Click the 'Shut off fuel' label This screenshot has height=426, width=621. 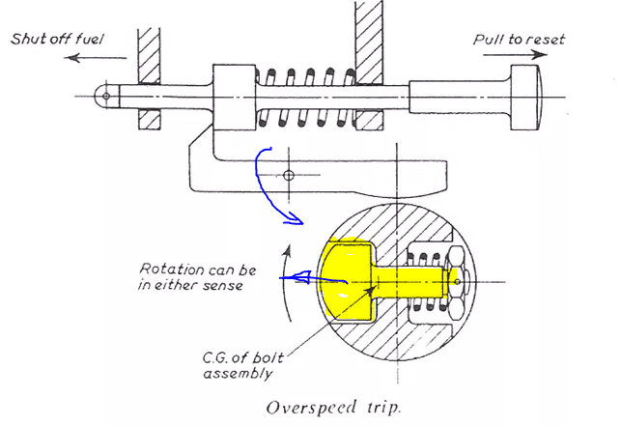coord(57,39)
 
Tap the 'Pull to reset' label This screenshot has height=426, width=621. coord(519,40)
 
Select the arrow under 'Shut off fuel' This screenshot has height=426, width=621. coord(96,58)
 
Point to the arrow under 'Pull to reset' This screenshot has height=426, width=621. coord(515,54)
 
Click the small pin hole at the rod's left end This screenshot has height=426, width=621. coord(105,96)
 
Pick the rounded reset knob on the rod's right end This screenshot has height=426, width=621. coord(525,98)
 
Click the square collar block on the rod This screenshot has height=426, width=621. coord(234,98)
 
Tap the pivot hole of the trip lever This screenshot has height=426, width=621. coord(289,175)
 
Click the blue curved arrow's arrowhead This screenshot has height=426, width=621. coord(296,219)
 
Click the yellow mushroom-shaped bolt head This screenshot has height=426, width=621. coord(347,280)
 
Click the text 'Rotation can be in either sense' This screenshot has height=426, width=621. coord(197,277)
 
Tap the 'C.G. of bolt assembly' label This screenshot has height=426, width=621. coord(242,365)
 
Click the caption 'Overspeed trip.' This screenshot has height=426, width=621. coord(334,408)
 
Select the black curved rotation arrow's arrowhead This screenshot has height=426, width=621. coord(288,250)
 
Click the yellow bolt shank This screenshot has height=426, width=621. coord(409,282)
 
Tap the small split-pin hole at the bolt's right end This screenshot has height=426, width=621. coord(458,282)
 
